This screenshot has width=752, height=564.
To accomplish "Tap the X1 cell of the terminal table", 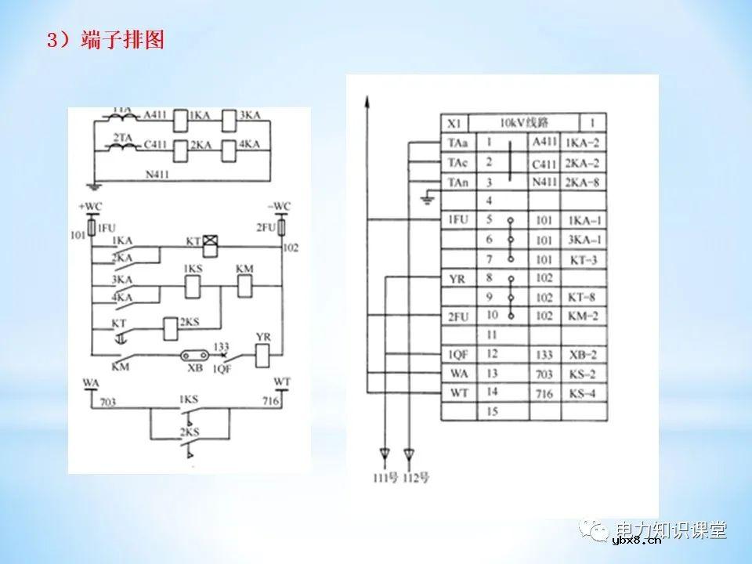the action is [454, 124].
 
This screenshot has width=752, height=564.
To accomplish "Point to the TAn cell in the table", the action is [458, 182].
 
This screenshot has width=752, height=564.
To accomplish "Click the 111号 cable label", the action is [384, 477].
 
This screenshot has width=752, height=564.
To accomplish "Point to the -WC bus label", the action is [278, 206].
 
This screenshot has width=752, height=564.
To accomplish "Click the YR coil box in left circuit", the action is [263, 359].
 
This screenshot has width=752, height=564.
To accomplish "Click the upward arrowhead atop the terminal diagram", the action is [367, 100].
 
